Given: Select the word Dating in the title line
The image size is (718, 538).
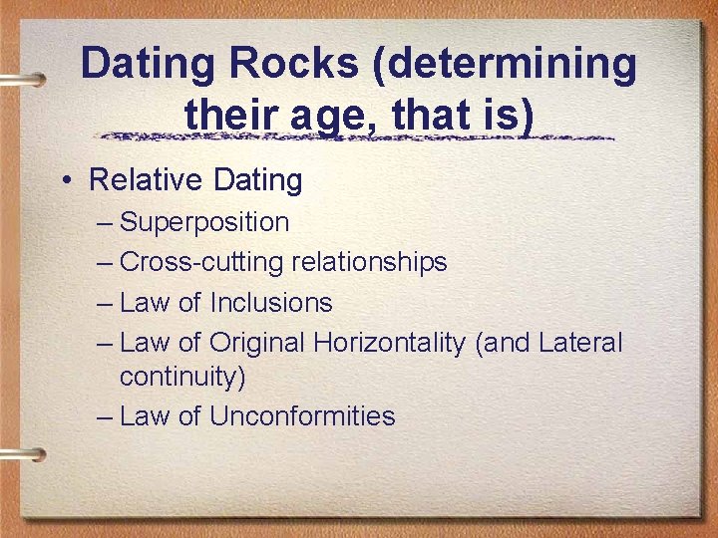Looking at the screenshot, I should (150, 65).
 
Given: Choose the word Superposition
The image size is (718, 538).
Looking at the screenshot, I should (204, 223).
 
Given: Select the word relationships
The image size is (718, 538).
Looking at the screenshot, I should (369, 262).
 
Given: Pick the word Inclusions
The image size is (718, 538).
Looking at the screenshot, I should (271, 302).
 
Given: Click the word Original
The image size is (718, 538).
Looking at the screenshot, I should (257, 344).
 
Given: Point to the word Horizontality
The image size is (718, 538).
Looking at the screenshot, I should (390, 343).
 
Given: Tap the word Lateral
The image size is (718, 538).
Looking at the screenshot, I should (580, 343).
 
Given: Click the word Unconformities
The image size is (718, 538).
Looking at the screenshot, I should (302, 415).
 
